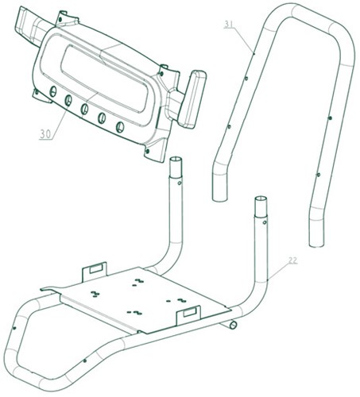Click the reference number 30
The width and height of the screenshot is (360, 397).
tap(45, 134)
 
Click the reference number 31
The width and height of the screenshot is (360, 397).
tap(229, 24)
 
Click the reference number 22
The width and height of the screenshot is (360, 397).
tap(292, 260)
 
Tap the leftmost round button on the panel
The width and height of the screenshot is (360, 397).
tap(53, 91)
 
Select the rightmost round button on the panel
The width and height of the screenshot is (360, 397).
tap(120, 127)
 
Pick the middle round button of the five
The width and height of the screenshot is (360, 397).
tap(84, 109)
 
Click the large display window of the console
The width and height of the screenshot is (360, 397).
tap(104, 79)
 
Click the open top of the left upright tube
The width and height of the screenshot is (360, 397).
tap(176, 160)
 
